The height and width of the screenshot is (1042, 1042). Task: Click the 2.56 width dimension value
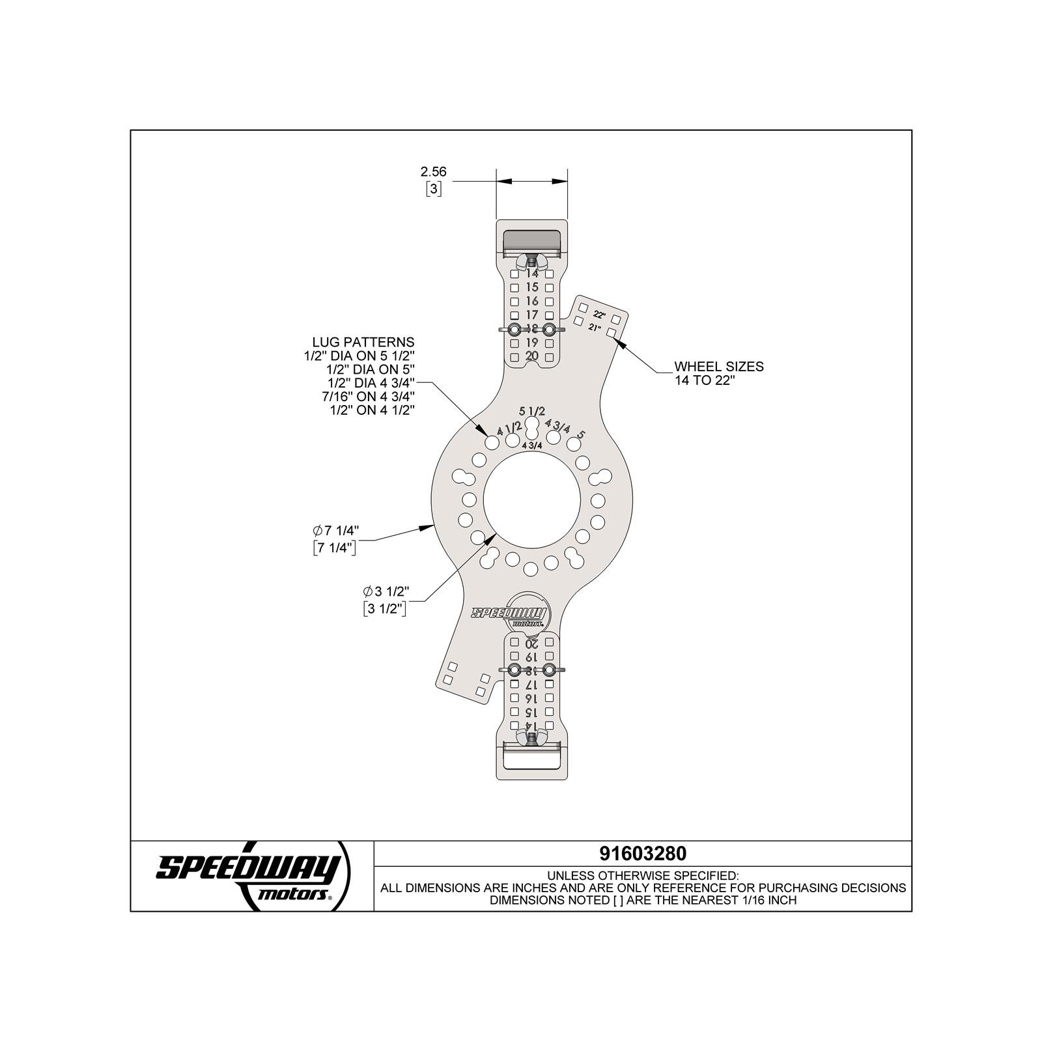[433, 172]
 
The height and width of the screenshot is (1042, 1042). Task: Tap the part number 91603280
[642, 853]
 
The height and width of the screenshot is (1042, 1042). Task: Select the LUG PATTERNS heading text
[363, 342]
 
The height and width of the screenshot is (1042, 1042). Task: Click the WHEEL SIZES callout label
[718, 367]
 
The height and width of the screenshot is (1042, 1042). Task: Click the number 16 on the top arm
[532, 301]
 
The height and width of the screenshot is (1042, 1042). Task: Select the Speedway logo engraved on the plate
[509, 614]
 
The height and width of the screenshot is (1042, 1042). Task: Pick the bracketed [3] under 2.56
[433, 190]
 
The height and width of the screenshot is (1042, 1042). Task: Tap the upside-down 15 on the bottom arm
[532, 712]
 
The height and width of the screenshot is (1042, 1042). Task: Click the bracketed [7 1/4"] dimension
[335, 548]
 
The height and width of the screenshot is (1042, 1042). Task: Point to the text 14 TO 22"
[704, 381]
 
